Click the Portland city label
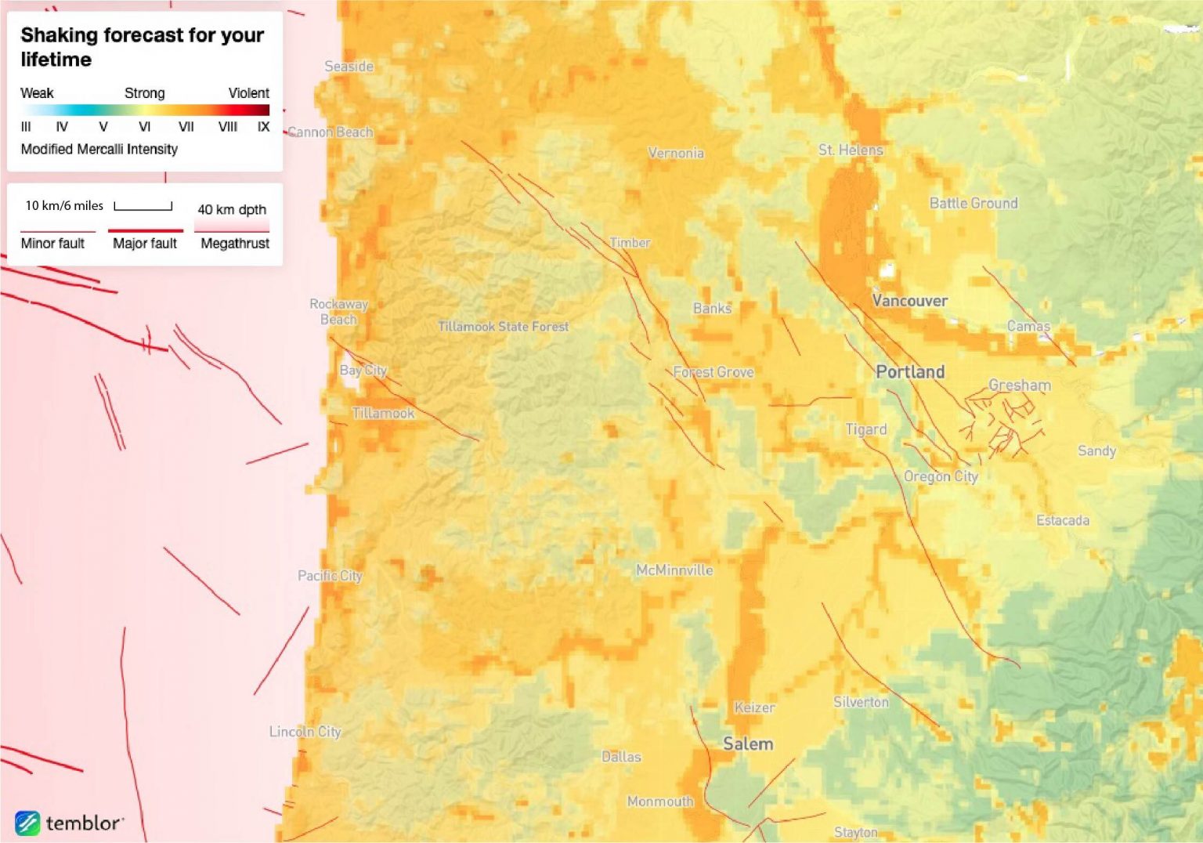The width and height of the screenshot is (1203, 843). click(x=910, y=372)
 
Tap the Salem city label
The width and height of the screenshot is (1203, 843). click(x=748, y=744)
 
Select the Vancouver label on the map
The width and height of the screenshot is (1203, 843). click(x=910, y=301)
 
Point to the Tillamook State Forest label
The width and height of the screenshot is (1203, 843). click(x=503, y=327)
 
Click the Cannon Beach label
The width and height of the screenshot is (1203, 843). click(x=331, y=132)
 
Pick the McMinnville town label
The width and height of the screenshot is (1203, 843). click(x=674, y=570)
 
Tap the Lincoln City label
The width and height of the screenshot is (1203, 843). click(x=305, y=732)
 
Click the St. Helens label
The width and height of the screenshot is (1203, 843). click(x=851, y=150)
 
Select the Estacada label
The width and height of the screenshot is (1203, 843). click(x=1063, y=520)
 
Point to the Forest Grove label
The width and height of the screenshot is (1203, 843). click(x=713, y=372)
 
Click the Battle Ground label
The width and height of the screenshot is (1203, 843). click(x=974, y=204)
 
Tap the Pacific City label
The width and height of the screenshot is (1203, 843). click(x=330, y=576)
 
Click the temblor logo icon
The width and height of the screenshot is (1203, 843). click(x=27, y=823)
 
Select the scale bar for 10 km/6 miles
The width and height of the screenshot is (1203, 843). click(x=143, y=207)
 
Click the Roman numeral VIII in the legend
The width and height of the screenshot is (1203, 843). click(x=228, y=127)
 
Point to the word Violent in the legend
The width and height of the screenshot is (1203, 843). click(x=248, y=93)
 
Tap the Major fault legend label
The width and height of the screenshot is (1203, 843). click(x=145, y=244)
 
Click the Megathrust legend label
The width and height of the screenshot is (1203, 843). click(x=235, y=244)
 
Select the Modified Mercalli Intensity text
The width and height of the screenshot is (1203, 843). click(x=99, y=149)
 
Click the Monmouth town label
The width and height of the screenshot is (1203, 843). click(x=660, y=801)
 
